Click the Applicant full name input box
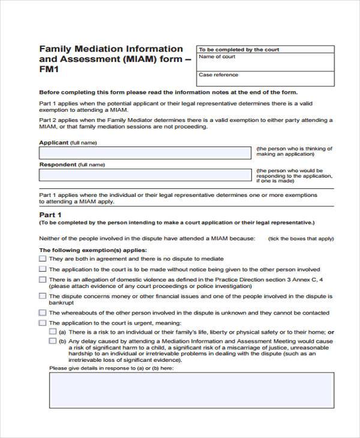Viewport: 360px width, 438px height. tap(146, 153)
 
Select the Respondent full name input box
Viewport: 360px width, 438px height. tap(146, 175)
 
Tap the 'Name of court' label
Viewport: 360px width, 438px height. tap(217, 57)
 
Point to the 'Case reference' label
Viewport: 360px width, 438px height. tap(218, 75)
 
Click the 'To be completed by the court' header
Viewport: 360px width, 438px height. tap(238, 49)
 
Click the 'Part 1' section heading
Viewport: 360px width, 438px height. tap(50, 214)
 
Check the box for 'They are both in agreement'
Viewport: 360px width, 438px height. tap(43, 259)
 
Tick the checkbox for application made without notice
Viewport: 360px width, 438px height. tap(43, 269)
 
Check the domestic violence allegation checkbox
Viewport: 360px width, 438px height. tap(43, 280)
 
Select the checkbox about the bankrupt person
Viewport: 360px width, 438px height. tap(43, 296)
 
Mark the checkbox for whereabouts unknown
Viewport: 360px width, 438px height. tap(43, 313)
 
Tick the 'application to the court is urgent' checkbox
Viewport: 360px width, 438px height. tap(43, 323)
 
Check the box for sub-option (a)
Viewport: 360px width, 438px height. tap(53, 331)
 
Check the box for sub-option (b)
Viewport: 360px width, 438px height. tap(53, 340)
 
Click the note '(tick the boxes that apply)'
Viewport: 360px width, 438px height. tap(301, 239)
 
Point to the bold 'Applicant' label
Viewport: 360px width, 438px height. tap(53, 143)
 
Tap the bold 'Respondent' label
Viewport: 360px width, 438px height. tap(58, 164)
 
